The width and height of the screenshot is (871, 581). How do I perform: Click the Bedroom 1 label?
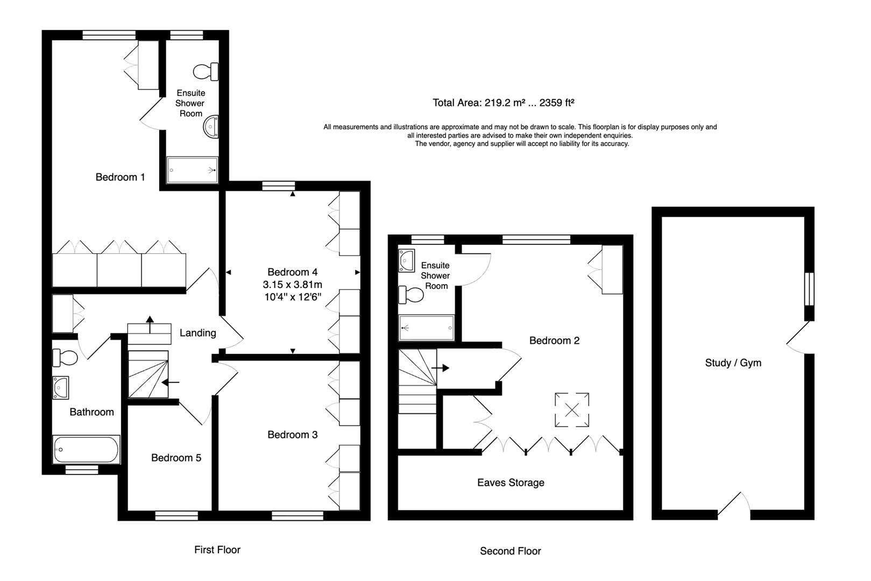point(120,177)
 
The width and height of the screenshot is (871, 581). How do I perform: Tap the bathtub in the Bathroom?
point(86,450)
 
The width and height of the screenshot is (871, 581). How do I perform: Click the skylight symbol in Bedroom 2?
point(572,410)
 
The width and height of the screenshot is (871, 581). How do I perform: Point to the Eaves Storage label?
point(511,483)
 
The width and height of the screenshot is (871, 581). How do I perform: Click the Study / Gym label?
point(733,363)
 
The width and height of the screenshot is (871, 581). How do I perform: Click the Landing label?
point(197,333)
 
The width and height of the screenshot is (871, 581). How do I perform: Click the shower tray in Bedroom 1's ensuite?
point(192,170)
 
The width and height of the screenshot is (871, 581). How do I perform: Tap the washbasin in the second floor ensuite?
point(406,260)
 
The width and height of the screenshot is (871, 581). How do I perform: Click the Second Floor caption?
point(510,551)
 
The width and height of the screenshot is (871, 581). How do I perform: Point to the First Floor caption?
point(217,550)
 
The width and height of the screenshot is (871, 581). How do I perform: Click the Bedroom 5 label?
point(176,458)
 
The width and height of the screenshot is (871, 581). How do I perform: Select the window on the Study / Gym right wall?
point(809,289)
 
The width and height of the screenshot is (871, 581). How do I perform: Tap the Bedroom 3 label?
point(292,435)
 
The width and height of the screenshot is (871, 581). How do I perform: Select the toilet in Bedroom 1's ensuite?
point(206,71)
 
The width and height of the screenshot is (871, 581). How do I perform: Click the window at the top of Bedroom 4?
point(279,186)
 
